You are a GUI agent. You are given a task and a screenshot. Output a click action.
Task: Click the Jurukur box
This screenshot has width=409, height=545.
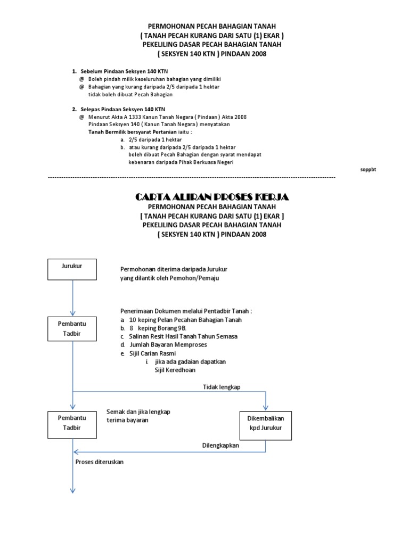coord(72,269)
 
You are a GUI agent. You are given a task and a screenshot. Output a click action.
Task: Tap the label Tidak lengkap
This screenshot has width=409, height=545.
coord(222,387)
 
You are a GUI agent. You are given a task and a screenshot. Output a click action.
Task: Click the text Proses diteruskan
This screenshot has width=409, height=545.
coord(100,462)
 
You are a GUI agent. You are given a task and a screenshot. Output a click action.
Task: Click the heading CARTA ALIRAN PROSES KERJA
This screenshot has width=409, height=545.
coord(211,197)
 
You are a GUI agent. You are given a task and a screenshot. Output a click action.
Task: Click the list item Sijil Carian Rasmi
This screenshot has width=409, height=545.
coord(152,353)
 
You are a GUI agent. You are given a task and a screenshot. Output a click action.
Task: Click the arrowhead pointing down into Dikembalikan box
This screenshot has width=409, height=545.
coord(266,407)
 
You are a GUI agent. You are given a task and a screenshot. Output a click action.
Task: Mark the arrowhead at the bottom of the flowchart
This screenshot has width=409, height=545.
coord(72,490)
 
